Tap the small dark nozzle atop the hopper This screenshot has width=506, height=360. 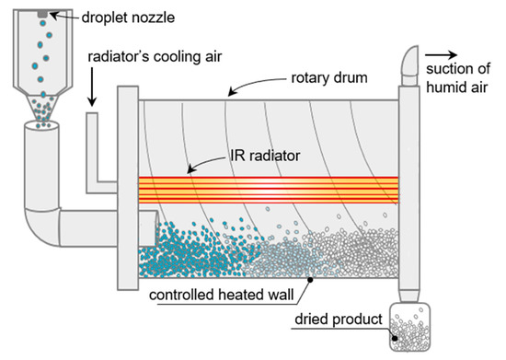41,13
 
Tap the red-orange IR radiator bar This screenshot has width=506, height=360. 267,190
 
